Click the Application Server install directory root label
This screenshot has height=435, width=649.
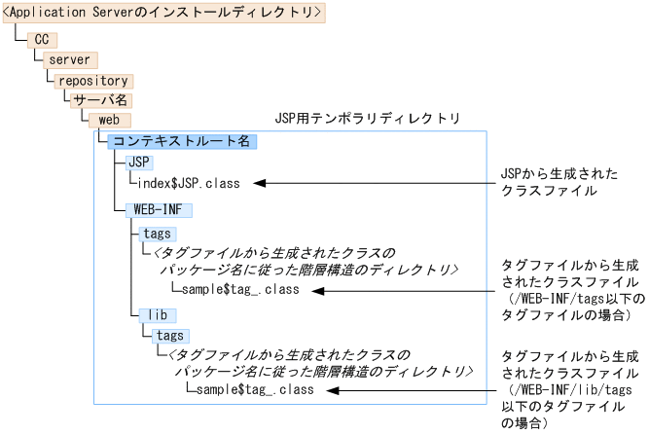coord(162,13)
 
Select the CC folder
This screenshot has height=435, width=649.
coord(41,39)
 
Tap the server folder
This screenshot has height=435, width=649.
coord(69,60)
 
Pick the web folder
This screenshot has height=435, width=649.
coord(109,120)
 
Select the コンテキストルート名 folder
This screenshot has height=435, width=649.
coord(181,141)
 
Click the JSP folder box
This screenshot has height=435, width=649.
coord(140,162)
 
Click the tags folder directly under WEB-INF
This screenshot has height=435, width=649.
coord(157,234)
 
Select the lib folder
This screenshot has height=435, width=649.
coord(156,315)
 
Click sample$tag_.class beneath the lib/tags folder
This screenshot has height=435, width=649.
coord(249,390)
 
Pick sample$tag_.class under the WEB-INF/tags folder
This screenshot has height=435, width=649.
coord(234,290)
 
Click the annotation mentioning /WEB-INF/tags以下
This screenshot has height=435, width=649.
coord(569,290)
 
